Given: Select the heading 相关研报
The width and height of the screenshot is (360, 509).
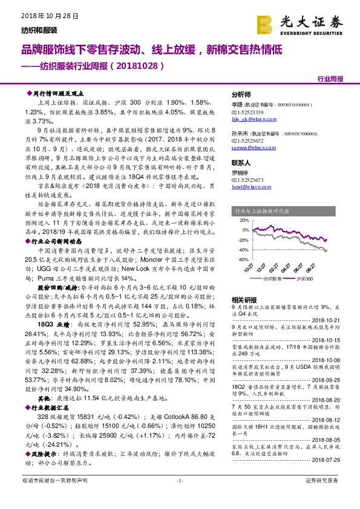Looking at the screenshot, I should pos(244,299).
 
